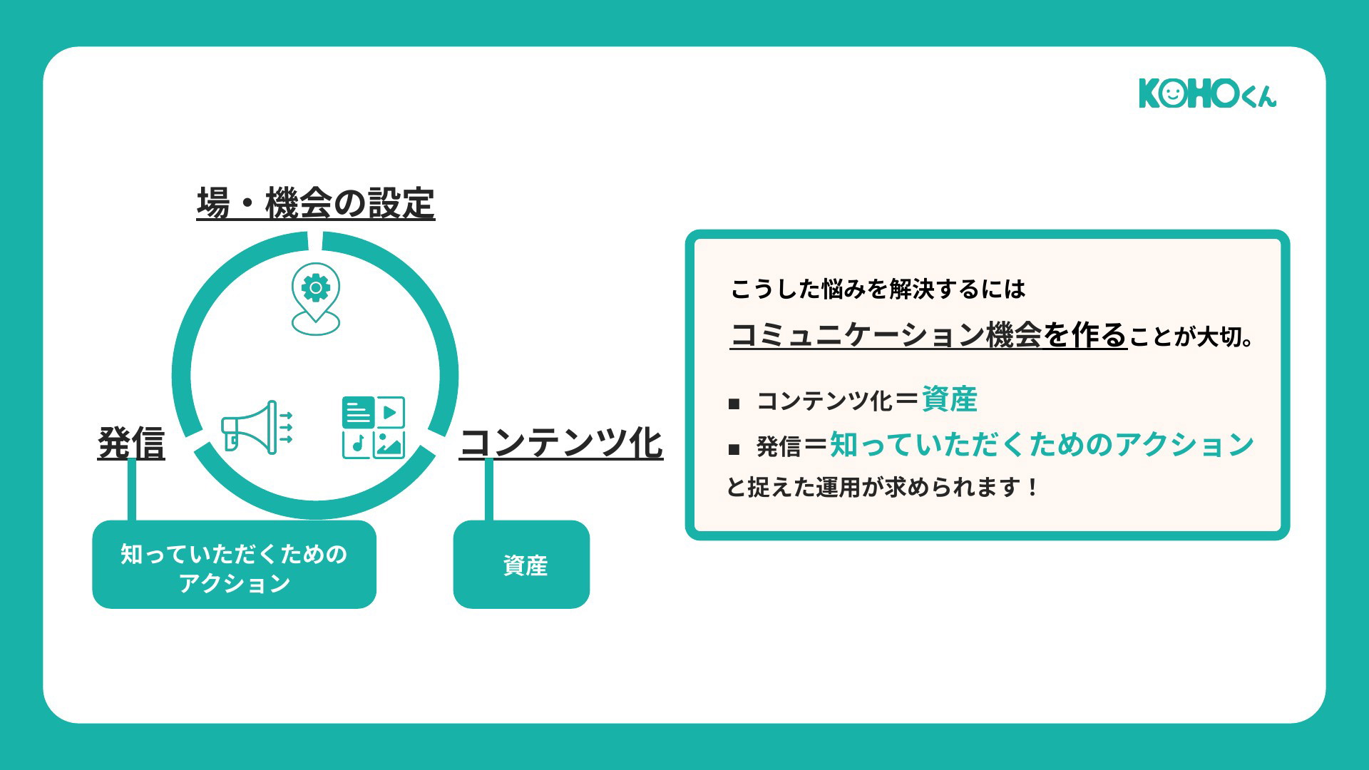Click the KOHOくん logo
1208,93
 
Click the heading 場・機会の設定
316,203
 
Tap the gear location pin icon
316,299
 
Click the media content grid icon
374,428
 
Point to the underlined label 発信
131,443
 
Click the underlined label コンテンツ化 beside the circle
561,443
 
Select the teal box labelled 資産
521,564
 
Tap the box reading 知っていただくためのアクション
234,564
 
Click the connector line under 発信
132,491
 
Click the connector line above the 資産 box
489,491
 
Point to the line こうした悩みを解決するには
878,289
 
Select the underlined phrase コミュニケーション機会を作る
928,334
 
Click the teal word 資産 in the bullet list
949,399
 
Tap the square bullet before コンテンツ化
734,404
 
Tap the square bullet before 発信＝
734,450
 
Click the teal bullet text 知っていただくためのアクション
1042,444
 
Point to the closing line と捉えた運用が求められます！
883,487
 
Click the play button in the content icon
390,412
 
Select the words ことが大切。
1191,337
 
